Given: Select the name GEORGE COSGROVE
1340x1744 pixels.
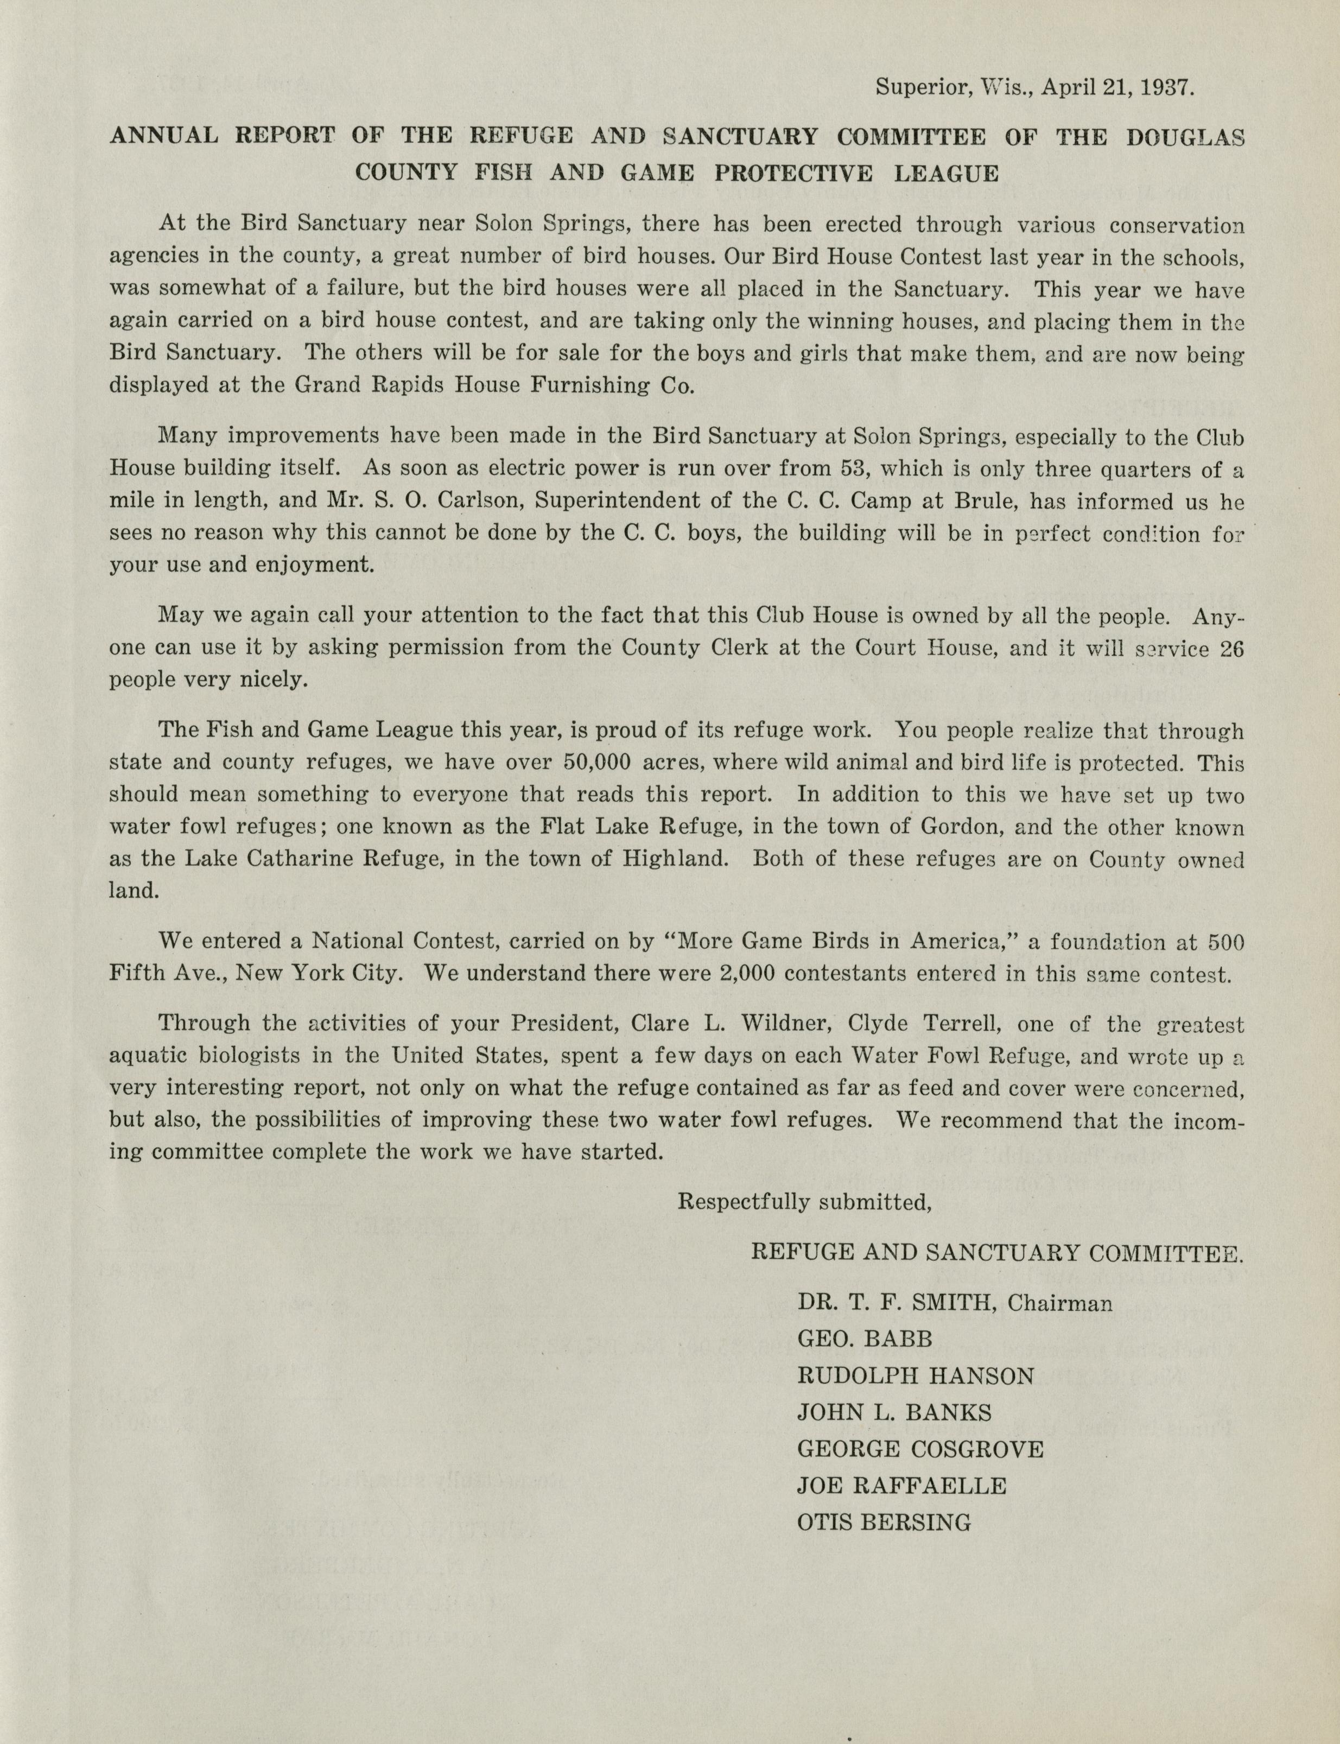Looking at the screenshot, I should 919,1449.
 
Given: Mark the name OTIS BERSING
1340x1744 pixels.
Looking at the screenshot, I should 884,1522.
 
